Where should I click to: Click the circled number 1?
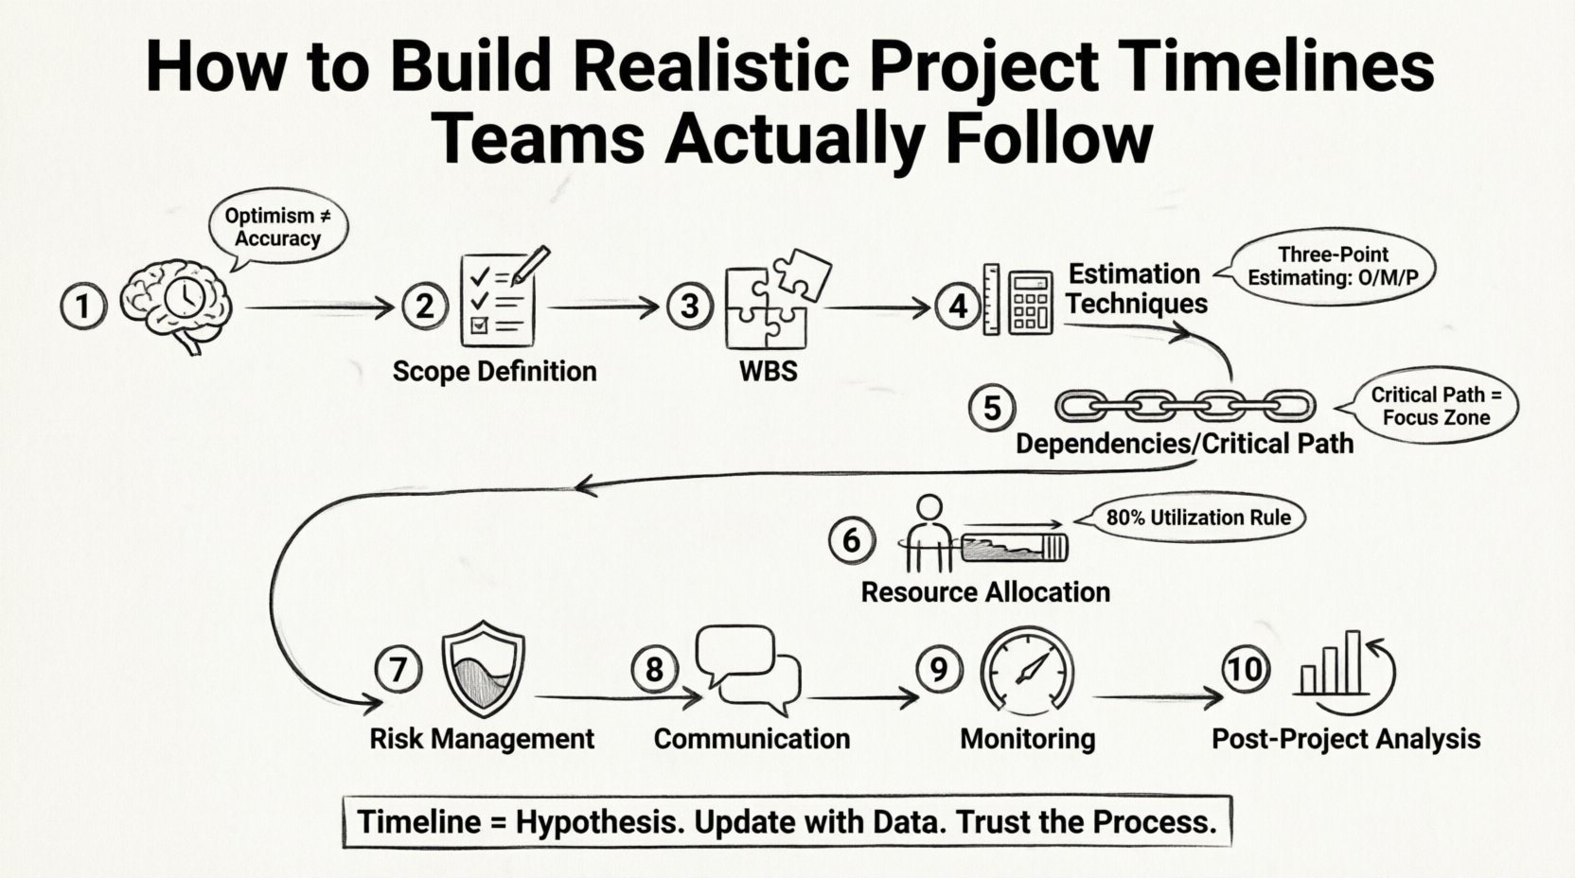pyautogui.click(x=84, y=307)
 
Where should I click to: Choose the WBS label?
pyautogui.click(x=768, y=371)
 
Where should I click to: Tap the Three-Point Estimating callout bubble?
pyautogui.click(x=1332, y=266)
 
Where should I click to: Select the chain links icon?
pyautogui.click(x=1184, y=406)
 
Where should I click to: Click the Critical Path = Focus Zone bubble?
pyautogui.click(x=1435, y=406)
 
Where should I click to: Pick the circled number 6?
pyautogui.click(x=851, y=540)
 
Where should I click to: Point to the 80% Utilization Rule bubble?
pyautogui.click(x=1197, y=518)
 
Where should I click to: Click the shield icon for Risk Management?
pyautogui.click(x=484, y=670)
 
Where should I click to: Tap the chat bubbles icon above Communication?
pyautogui.click(x=748, y=670)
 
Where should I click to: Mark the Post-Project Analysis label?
pyautogui.click(x=1346, y=739)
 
